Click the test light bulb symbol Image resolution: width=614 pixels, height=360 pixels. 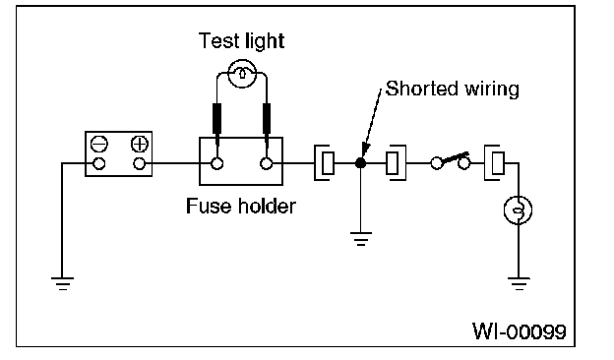point(242,74)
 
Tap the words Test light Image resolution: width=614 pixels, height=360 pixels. point(241,41)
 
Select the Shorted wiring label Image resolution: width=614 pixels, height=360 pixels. point(453,89)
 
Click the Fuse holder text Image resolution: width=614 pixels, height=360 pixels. point(241,206)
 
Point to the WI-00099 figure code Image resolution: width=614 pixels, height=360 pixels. point(520,331)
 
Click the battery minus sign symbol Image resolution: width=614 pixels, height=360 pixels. point(98,144)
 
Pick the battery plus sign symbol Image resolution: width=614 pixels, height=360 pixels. point(140,144)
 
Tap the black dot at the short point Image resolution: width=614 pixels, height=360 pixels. point(361,163)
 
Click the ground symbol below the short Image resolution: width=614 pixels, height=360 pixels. point(361,239)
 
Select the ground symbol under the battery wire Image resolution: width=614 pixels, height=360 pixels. point(62,283)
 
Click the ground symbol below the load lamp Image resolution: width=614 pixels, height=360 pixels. point(519,283)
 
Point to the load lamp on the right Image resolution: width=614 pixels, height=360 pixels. point(518,210)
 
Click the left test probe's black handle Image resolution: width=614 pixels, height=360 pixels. point(216,119)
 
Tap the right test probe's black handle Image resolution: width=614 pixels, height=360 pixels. point(267,119)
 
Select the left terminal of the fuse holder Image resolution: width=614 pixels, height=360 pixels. point(216,163)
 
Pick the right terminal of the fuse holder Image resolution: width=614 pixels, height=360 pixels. point(267,163)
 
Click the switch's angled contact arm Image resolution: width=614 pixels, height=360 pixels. point(455,157)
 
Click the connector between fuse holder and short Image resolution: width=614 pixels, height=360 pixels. point(325,163)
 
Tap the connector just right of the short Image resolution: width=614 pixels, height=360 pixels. point(396,163)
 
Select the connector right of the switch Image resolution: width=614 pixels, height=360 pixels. point(495,163)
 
